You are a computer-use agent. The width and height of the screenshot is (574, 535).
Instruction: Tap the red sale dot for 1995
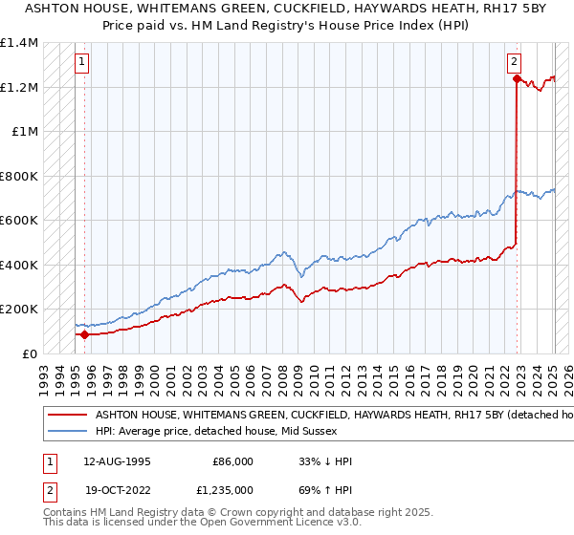click(x=84, y=334)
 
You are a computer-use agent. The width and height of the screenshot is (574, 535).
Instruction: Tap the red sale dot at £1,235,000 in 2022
click(x=517, y=80)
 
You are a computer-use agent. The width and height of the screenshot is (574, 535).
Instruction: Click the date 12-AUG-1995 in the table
click(x=117, y=460)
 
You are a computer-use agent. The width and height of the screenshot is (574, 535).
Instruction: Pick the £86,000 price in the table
click(x=232, y=460)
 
